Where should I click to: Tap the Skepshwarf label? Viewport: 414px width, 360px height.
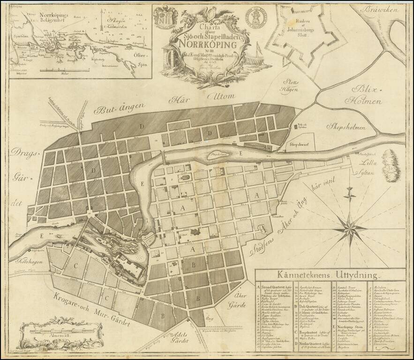click(x=300, y=145)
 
